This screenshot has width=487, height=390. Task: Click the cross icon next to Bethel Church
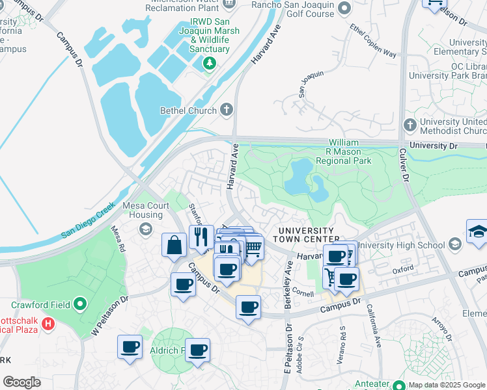227,110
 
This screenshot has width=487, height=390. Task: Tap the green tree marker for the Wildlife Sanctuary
209,63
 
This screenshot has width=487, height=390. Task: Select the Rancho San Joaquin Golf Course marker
344,8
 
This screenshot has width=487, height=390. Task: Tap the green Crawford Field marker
80,304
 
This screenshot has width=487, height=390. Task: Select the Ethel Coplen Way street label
373,40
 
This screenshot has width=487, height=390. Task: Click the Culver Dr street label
404,166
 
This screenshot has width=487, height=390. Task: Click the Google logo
22,382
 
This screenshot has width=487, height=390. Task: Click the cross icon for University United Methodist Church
410,123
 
